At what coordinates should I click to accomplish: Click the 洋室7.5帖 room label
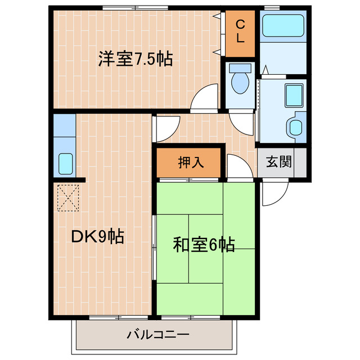[x=135, y=59]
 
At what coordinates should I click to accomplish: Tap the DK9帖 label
[x=97, y=237]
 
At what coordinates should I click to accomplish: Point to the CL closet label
[x=240, y=31]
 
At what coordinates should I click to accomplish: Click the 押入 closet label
[x=191, y=163]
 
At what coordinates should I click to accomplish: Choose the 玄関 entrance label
[x=278, y=163]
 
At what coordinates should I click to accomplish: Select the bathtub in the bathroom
[x=282, y=25]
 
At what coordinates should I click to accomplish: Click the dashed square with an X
[x=67, y=198]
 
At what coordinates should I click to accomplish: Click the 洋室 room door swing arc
[x=205, y=97]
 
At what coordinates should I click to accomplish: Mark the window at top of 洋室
[x=135, y=8]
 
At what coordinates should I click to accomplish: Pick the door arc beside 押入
[x=238, y=168]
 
